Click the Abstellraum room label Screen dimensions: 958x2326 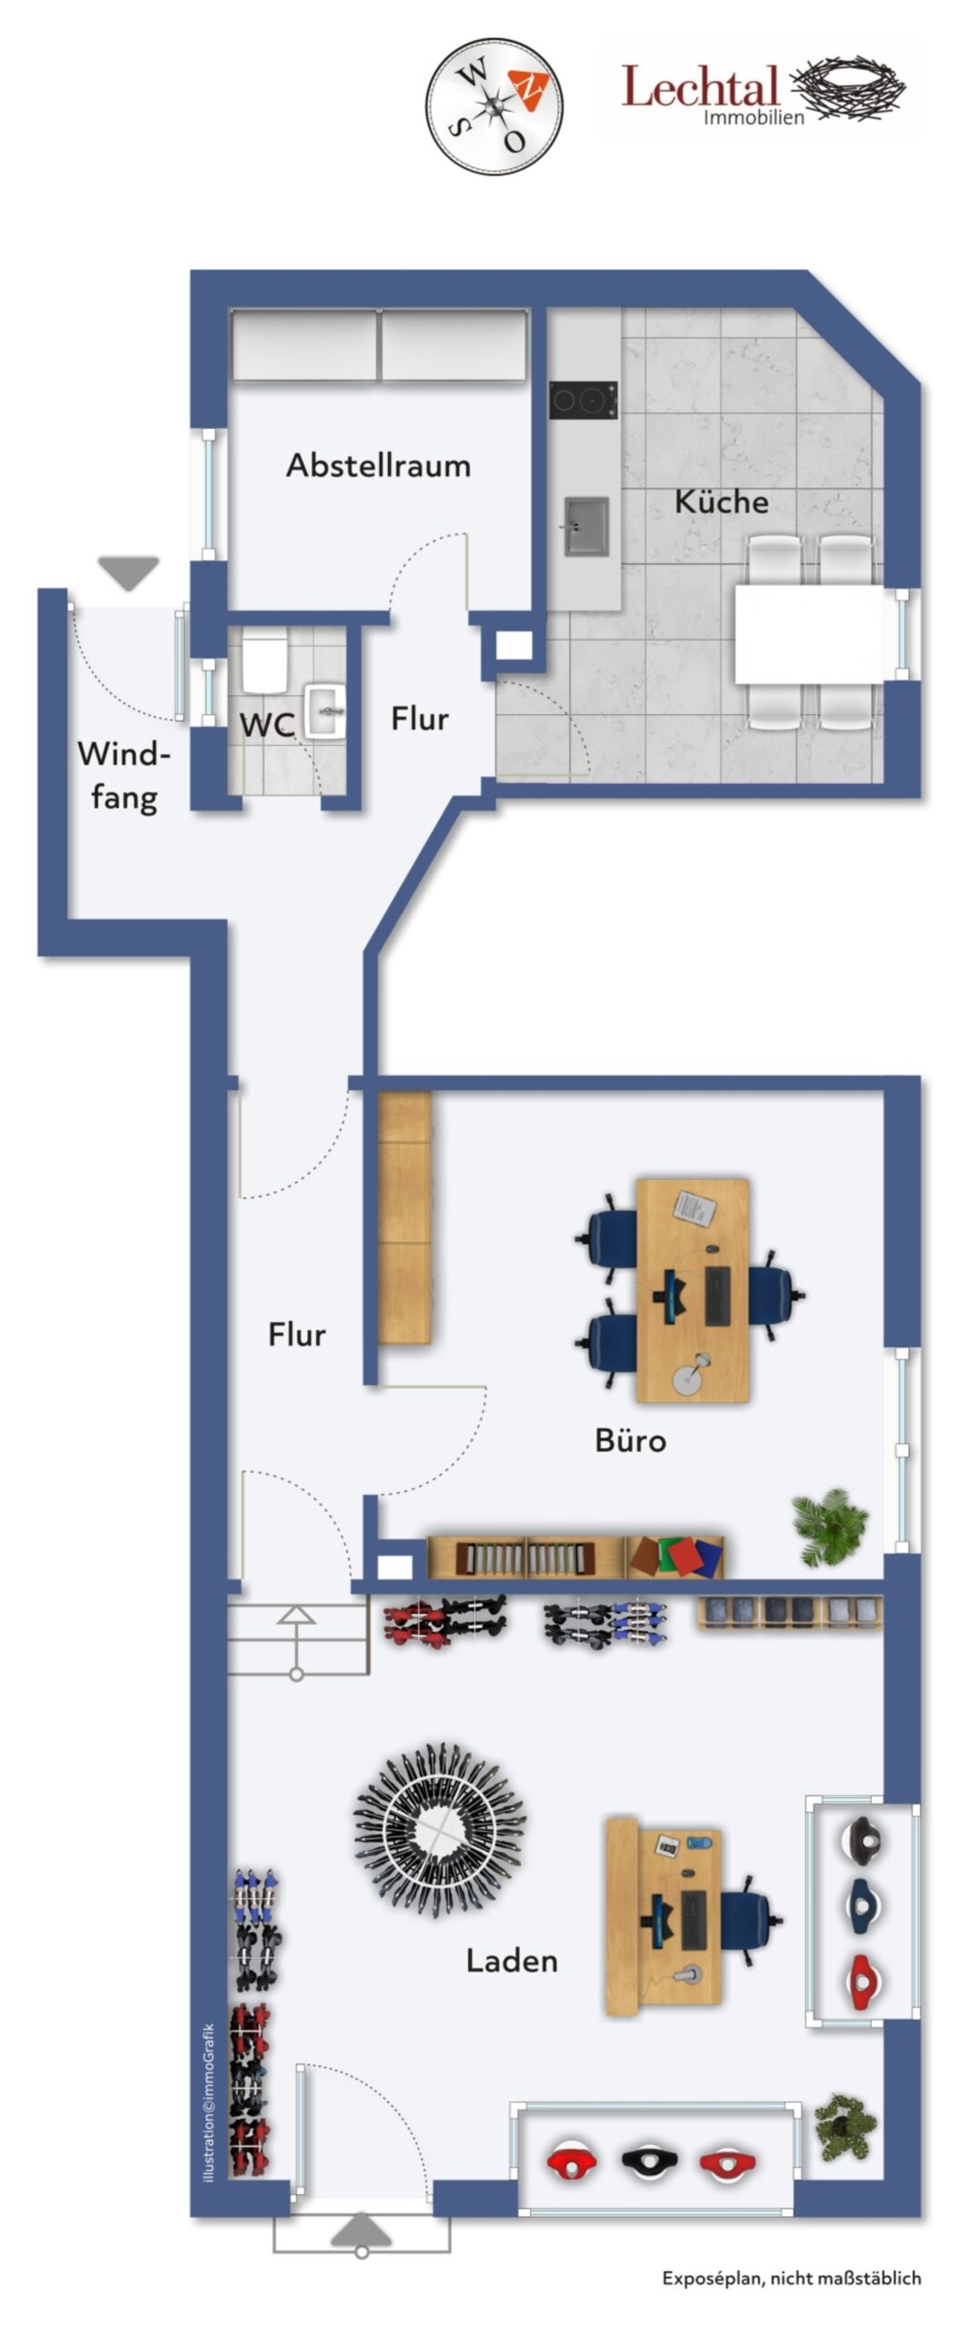coord(378,465)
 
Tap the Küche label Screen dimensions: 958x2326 coord(721,502)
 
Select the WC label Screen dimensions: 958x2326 coord(267,725)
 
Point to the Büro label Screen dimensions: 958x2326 coord(630,1439)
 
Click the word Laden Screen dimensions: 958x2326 coord(512,1960)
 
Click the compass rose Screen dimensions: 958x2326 coord(494,106)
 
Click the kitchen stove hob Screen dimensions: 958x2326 coord(583,400)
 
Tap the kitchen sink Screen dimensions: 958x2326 coord(585,525)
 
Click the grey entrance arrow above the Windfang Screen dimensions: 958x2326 coord(128,573)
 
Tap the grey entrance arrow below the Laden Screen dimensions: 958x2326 coord(362,2231)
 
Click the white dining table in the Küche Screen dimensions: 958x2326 coord(808,633)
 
